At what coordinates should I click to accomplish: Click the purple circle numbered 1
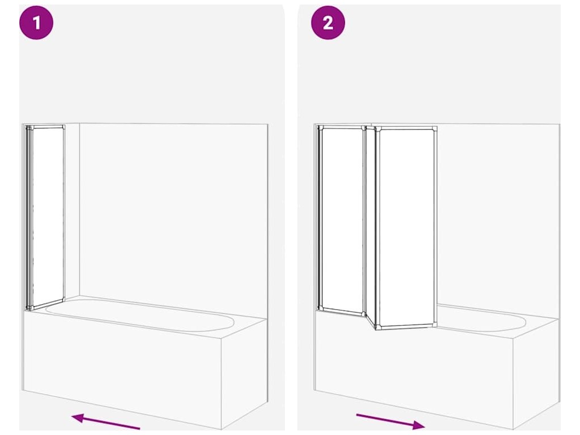point(36,23)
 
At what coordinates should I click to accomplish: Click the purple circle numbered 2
point(328,23)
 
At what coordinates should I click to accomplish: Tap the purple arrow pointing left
point(106,421)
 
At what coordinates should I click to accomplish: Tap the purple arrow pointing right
point(390,421)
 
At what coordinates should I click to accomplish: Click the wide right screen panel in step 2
point(406,228)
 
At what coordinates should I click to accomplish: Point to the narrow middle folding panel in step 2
point(370,225)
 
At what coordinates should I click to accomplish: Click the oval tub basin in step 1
point(140,315)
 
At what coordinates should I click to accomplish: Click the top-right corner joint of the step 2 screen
point(434,129)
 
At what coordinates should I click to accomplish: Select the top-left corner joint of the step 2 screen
point(321,129)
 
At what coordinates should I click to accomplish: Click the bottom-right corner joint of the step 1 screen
point(63,299)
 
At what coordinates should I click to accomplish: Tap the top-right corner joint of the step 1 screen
point(63,127)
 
